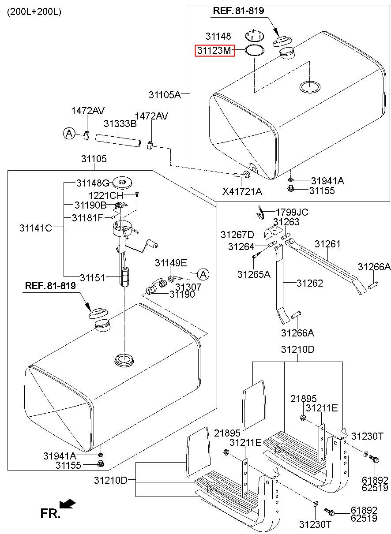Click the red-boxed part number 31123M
pyautogui.click(x=214, y=51)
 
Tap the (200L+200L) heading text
pyautogui.click(x=34, y=12)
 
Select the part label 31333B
pyautogui.click(x=120, y=123)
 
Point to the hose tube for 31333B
pyautogui.click(x=118, y=141)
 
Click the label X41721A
pyautogui.click(x=242, y=191)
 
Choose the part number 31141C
pyautogui.click(x=36, y=228)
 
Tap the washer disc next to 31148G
pyautogui.click(x=122, y=183)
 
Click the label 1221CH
pyautogui.click(x=106, y=196)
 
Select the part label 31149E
pyautogui.click(x=171, y=263)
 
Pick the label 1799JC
pyautogui.click(x=292, y=212)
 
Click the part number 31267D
pyautogui.click(x=237, y=235)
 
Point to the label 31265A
pyautogui.click(x=254, y=274)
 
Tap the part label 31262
pyautogui.click(x=310, y=283)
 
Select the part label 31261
pyautogui.click(x=327, y=244)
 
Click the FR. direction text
pyautogui.click(x=50, y=514)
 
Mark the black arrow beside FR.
pyautogui.click(x=67, y=504)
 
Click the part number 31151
pyautogui.click(x=92, y=278)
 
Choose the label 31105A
pyautogui.click(x=165, y=95)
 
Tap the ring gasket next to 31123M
pyautogui.click(x=255, y=50)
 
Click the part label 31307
pyautogui.click(x=188, y=287)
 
